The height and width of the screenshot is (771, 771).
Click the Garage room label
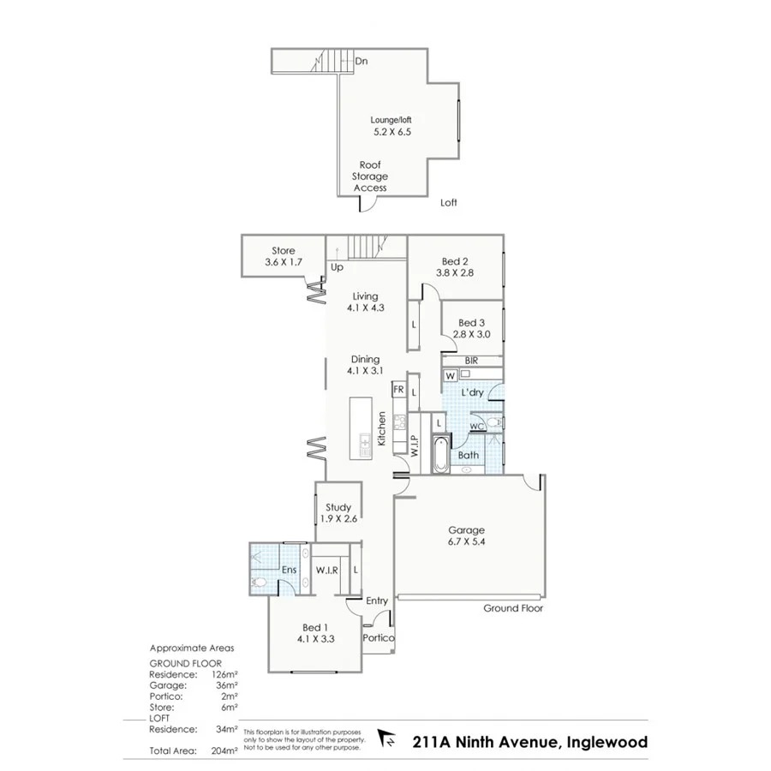[x=466, y=530]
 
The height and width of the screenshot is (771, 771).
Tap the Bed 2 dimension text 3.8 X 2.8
[x=454, y=272]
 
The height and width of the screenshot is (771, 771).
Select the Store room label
[x=284, y=251]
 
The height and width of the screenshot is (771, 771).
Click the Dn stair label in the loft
[x=362, y=61]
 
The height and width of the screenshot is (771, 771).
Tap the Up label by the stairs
[x=337, y=267]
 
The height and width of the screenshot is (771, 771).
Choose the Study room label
[x=338, y=507]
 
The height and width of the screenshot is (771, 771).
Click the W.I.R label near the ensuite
[x=326, y=570]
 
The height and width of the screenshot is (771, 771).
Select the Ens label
[x=290, y=570]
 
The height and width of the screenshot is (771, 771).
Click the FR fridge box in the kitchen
[x=397, y=390]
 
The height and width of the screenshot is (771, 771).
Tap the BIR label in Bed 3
[x=471, y=361]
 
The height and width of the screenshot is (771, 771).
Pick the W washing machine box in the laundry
[x=451, y=374]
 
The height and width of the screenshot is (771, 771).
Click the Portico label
[x=377, y=638]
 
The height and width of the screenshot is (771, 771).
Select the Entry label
[x=377, y=601]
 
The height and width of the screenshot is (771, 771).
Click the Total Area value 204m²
[x=225, y=750]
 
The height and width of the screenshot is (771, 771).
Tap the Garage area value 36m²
[x=226, y=685]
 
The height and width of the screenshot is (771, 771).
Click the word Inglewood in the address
[x=607, y=742]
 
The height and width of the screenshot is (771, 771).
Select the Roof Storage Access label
[x=370, y=176]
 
